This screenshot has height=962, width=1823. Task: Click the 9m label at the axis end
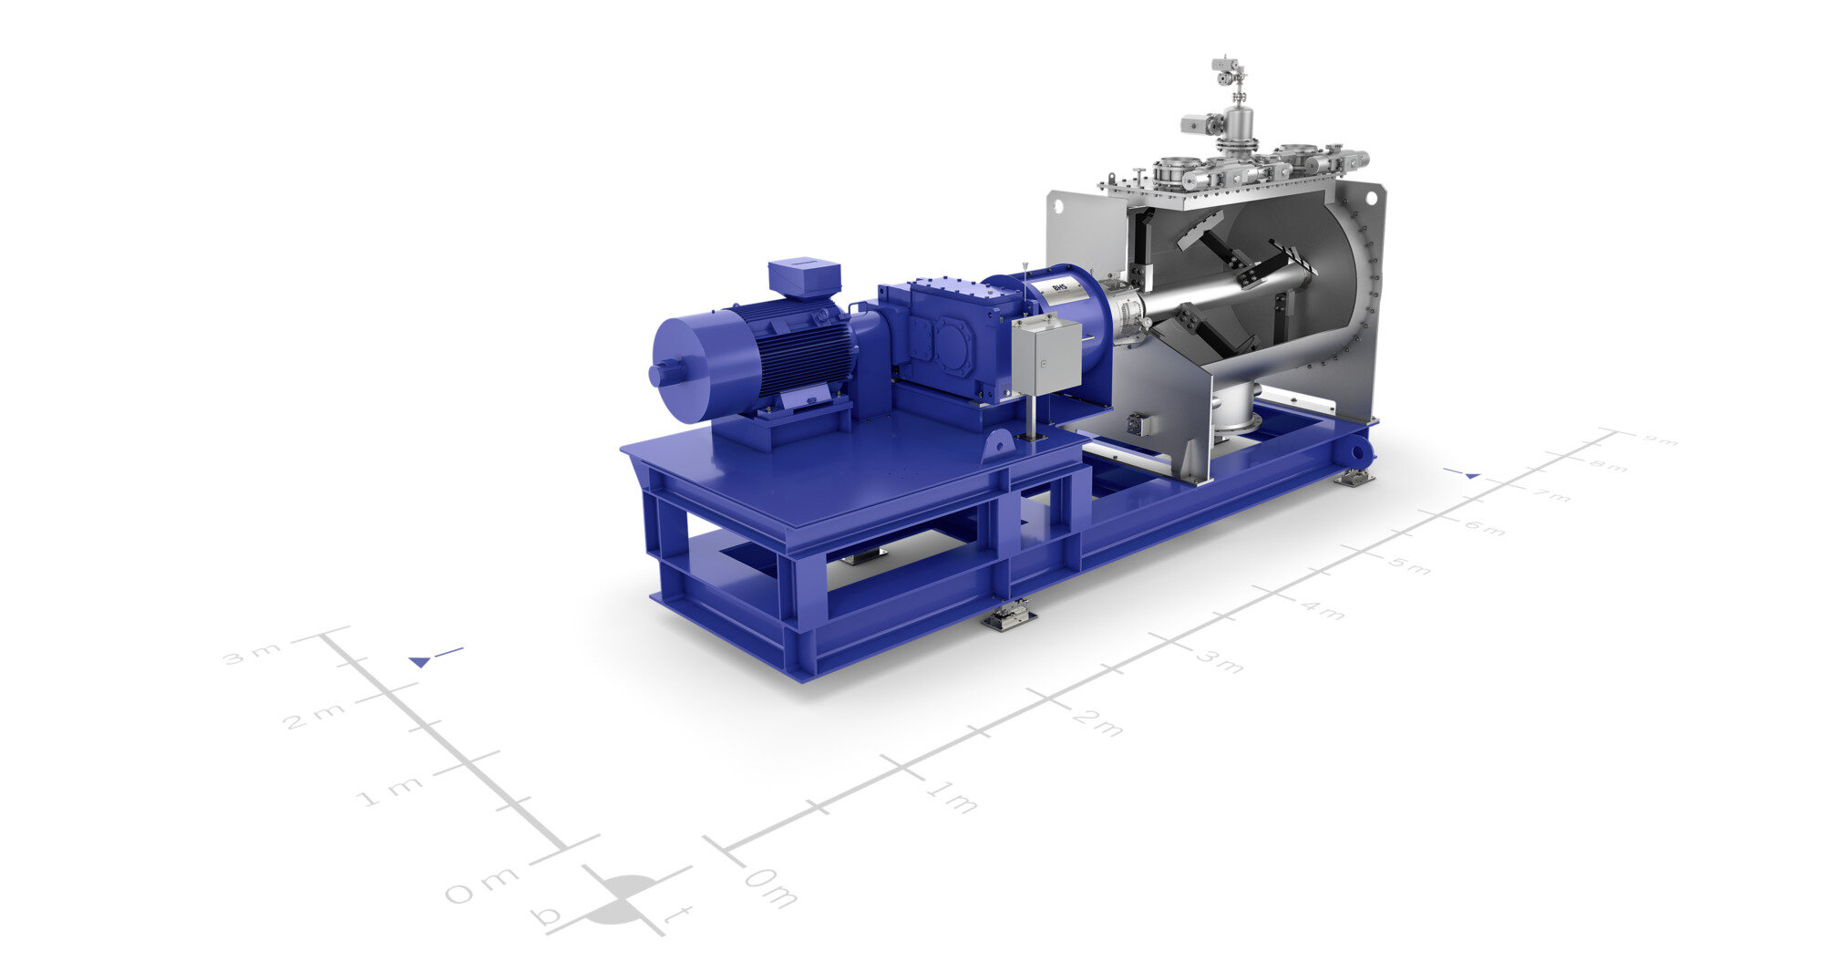(x=1659, y=441)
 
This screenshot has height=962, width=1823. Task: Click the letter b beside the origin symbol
(x=548, y=915)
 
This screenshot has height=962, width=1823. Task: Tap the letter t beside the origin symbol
(x=676, y=915)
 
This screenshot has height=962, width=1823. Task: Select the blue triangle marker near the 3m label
(x=420, y=661)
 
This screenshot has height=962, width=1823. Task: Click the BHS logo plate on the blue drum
(x=1059, y=288)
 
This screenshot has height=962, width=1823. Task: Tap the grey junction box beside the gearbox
(x=1045, y=357)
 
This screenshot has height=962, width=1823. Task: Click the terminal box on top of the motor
(x=803, y=277)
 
